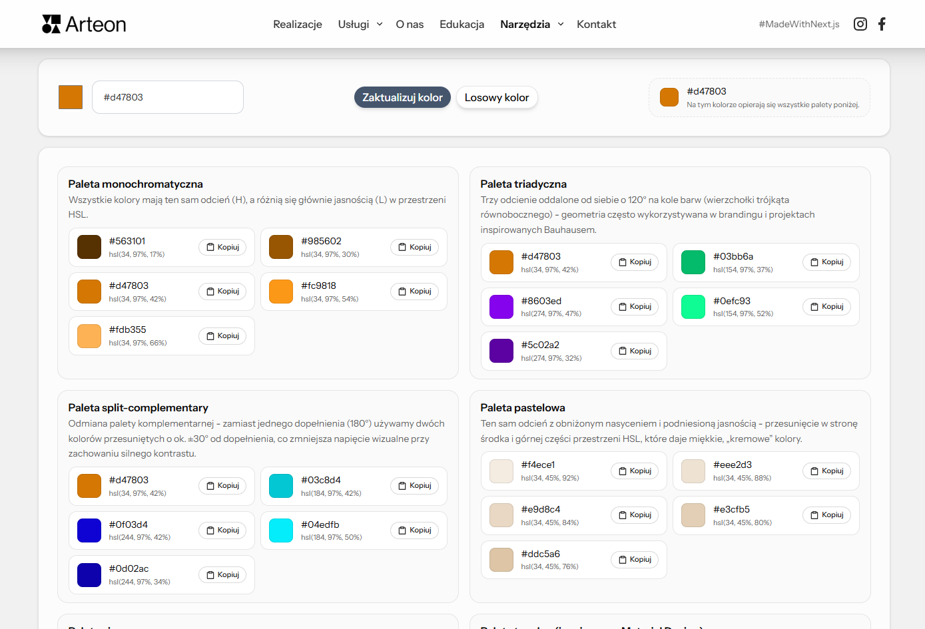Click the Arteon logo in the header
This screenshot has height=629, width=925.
point(84,24)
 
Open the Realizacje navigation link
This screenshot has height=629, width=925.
point(297,24)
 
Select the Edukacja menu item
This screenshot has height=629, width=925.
point(462,24)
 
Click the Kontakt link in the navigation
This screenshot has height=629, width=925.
point(596,24)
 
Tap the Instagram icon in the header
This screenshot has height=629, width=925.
point(860,24)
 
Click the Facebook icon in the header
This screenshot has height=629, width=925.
point(882,24)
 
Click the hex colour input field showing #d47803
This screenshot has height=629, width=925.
point(167,97)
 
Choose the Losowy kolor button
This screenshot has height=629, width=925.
point(496,97)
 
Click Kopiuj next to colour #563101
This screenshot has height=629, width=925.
point(222,247)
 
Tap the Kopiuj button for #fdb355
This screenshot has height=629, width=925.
point(222,335)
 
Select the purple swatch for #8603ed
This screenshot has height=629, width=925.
point(501,307)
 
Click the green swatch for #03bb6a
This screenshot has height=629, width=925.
point(693,262)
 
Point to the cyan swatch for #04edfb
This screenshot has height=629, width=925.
point(281,530)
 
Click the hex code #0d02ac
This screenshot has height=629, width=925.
point(129,568)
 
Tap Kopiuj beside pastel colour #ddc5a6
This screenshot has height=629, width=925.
point(635,559)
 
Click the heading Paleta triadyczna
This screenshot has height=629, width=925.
point(523,184)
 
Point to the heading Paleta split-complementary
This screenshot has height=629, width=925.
point(138,407)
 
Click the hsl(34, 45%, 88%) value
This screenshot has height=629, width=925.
point(742,478)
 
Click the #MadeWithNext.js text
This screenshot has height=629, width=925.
point(798,24)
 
